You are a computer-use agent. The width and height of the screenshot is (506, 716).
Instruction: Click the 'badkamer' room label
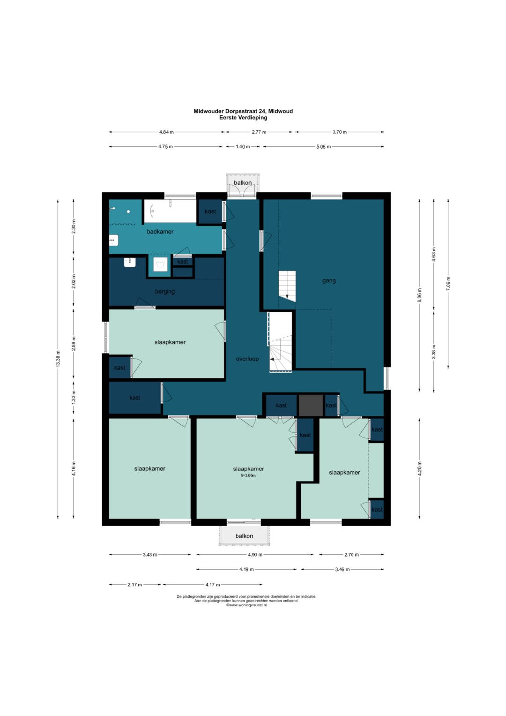pyautogui.click(x=160, y=232)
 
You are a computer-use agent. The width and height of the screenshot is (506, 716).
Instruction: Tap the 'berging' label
pyautogui.click(x=165, y=292)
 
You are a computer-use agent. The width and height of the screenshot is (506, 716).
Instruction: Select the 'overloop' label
pyautogui.click(x=247, y=359)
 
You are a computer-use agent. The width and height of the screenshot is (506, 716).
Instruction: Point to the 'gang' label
pyautogui.click(x=329, y=281)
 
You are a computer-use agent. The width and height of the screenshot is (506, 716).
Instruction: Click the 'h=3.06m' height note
pyautogui.click(x=248, y=475)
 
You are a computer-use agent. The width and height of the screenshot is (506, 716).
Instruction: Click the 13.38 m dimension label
pyautogui.click(x=58, y=359)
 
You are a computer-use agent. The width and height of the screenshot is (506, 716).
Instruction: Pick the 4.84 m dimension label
pyautogui.click(x=166, y=132)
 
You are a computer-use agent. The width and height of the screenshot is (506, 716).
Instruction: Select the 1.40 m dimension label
pyautogui.click(x=243, y=147)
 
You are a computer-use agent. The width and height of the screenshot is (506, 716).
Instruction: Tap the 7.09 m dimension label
pyautogui.click(x=448, y=284)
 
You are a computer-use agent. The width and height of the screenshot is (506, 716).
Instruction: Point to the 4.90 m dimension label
pyautogui.click(x=255, y=555)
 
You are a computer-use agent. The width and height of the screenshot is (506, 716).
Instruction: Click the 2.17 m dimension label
pyautogui.click(x=134, y=585)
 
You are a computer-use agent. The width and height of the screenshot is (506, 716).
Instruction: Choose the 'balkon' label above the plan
pyautogui.click(x=243, y=182)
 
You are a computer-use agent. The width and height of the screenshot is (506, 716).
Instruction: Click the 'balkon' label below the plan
pyautogui.click(x=245, y=536)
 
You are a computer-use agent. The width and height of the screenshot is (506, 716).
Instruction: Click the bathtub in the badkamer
pyautogui.click(x=170, y=211)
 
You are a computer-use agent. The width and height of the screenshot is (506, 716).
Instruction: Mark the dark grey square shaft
pyautogui.click(x=311, y=405)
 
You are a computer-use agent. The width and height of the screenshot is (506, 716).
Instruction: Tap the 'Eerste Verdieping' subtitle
pyautogui.click(x=243, y=117)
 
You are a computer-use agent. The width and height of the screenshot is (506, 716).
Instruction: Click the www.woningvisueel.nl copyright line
pyautogui.click(x=246, y=605)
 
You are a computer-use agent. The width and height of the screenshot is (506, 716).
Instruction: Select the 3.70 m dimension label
pyautogui.click(x=339, y=132)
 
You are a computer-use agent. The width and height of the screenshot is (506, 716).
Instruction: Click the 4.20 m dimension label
pyautogui.click(x=419, y=468)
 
